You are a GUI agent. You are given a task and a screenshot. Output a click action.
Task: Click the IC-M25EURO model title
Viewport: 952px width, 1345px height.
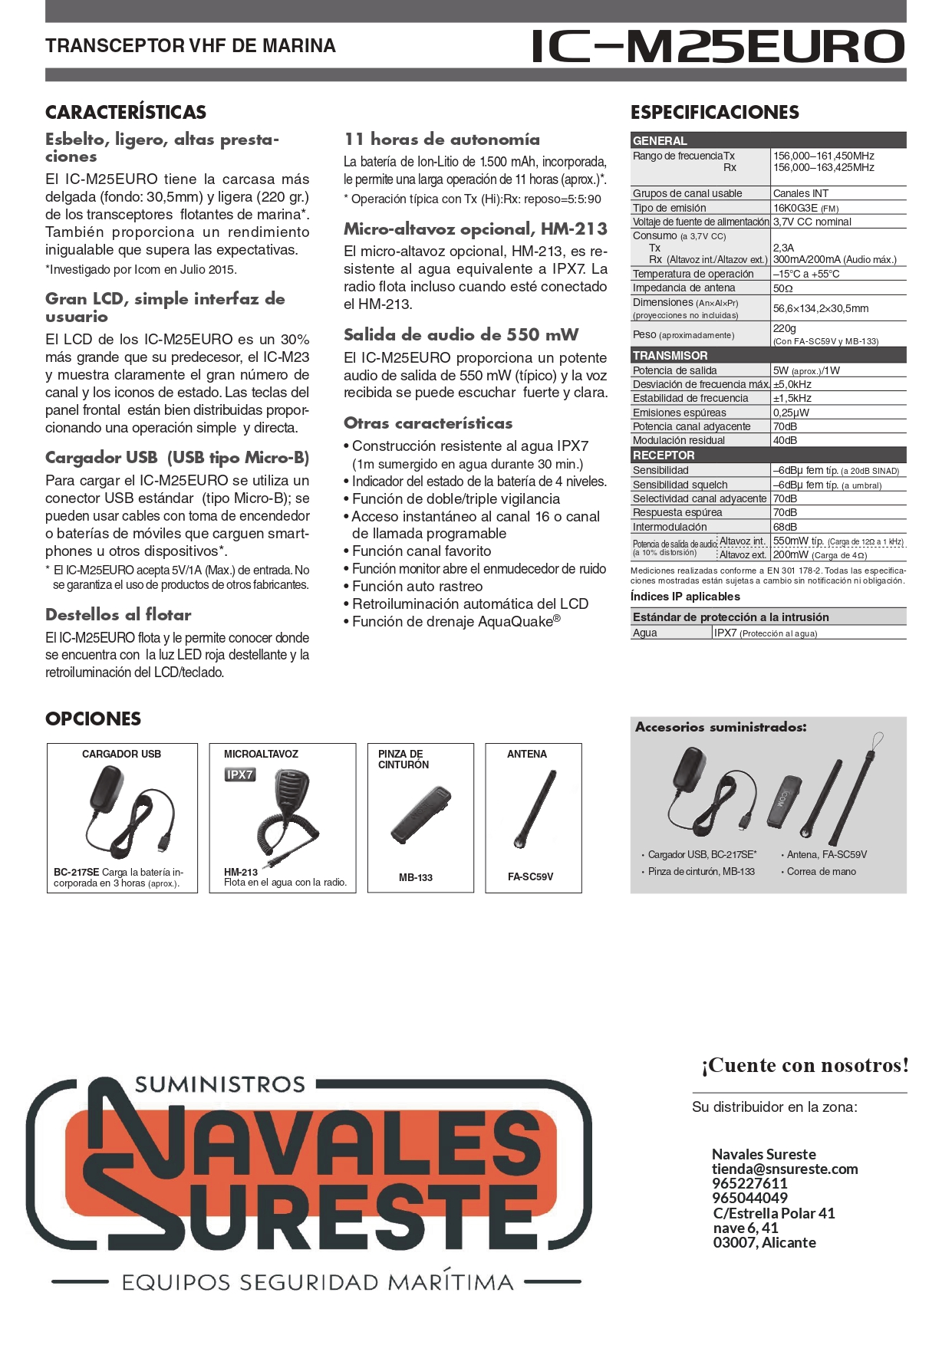pyautogui.click(x=717, y=47)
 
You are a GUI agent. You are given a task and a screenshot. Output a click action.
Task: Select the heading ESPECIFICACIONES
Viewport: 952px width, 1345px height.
pyautogui.click(x=714, y=113)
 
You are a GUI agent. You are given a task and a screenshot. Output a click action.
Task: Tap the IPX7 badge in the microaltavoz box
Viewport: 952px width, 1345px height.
pyautogui.click(x=239, y=774)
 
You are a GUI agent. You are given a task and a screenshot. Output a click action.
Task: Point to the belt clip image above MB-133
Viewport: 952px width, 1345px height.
pyautogui.click(x=420, y=814)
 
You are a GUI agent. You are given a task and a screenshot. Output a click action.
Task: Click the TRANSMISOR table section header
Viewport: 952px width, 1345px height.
pyautogui.click(x=670, y=356)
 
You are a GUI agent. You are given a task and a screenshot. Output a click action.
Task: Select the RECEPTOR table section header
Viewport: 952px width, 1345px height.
pyautogui.click(x=663, y=455)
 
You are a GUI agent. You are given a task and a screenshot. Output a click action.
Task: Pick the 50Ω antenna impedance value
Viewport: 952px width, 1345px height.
pyautogui.click(x=782, y=288)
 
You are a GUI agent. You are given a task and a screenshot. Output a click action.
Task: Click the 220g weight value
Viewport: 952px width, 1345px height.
pyautogui.click(x=784, y=328)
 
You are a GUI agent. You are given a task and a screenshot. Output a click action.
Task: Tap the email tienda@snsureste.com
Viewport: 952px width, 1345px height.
pyautogui.click(x=784, y=1169)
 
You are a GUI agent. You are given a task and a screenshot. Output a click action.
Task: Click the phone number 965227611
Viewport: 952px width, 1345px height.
pyautogui.click(x=749, y=1183)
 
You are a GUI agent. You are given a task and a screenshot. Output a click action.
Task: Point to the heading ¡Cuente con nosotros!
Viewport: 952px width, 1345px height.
pyautogui.click(x=805, y=1065)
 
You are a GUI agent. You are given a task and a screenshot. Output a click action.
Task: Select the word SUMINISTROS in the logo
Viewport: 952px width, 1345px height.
pyautogui.click(x=220, y=1084)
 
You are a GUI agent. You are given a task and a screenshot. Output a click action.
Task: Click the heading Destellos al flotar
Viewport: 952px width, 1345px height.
pyautogui.click(x=118, y=615)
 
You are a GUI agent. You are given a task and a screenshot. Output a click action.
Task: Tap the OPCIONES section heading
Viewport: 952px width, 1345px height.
pyautogui.click(x=93, y=719)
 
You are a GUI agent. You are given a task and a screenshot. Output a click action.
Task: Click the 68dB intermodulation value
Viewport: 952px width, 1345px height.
pyautogui.click(x=785, y=527)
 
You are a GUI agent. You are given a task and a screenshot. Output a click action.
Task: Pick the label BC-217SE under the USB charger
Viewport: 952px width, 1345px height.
pyautogui.click(x=76, y=873)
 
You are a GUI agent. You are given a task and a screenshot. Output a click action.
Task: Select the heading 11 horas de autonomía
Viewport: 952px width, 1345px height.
pyautogui.click(x=441, y=140)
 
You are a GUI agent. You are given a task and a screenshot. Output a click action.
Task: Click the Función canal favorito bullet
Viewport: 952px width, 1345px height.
pyautogui.click(x=421, y=551)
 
